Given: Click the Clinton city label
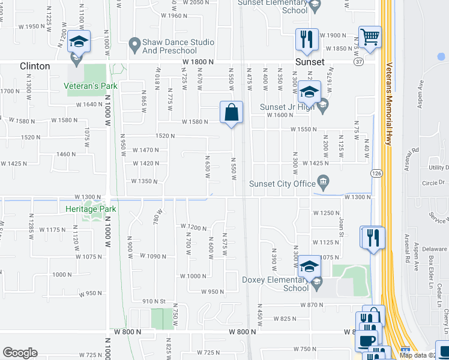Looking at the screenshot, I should pyautogui.click(x=35, y=66).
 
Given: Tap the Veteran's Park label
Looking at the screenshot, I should pyautogui.click(x=91, y=86).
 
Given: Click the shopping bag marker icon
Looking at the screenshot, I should pyautogui.click(x=231, y=112).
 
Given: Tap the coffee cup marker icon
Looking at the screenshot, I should pyautogui.click(x=366, y=339).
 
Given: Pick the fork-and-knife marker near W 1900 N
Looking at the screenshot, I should pyautogui.click(x=307, y=39).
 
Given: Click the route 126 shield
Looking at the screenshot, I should pyautogui.click(x=375, y=173).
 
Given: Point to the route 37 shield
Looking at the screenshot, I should pyautogui.click(x=375, y=61).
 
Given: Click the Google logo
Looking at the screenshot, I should pyautogui.click(x=20, y=352).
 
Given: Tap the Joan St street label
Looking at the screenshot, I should pyautogui.click(x=340, y=225).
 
